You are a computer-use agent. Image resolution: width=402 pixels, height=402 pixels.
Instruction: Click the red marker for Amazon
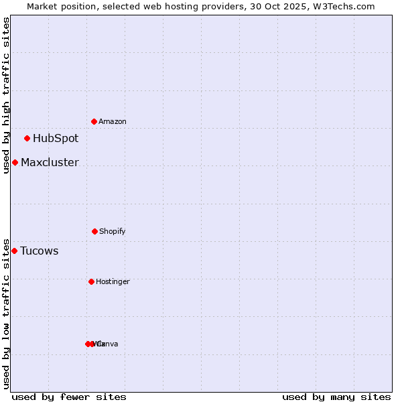[94, 121]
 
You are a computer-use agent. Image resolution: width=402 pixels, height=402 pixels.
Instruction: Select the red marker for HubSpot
[27, 139]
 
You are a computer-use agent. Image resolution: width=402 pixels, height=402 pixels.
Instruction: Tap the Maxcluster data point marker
[15, 162]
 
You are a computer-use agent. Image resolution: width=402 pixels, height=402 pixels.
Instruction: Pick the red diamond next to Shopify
[94, 231]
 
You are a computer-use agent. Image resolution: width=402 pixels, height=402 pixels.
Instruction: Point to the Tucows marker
[14, 251]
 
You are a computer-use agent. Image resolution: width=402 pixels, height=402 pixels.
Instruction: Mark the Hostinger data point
[91, 281]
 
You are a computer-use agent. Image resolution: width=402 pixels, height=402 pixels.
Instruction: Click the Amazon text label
[112, 121]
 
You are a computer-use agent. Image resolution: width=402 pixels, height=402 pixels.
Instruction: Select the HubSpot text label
[56, 139]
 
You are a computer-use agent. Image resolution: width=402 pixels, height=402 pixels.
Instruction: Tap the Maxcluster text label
[50, 162]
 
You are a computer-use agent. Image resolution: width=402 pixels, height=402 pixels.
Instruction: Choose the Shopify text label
[112, 231]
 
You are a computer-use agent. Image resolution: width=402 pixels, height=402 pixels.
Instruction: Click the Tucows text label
[39, 251]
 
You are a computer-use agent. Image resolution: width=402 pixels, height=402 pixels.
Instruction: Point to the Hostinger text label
[113, 281]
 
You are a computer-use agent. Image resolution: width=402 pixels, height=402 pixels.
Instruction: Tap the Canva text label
[107, 344]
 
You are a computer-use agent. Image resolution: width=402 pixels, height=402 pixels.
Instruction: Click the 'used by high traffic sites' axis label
[6, 95]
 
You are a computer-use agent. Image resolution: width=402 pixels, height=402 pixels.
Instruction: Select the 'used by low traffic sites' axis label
[6, 314]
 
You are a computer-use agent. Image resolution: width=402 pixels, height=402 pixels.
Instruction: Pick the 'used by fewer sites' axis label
[69, 397]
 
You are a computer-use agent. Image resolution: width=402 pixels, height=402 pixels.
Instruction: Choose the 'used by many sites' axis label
[336, 397]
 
